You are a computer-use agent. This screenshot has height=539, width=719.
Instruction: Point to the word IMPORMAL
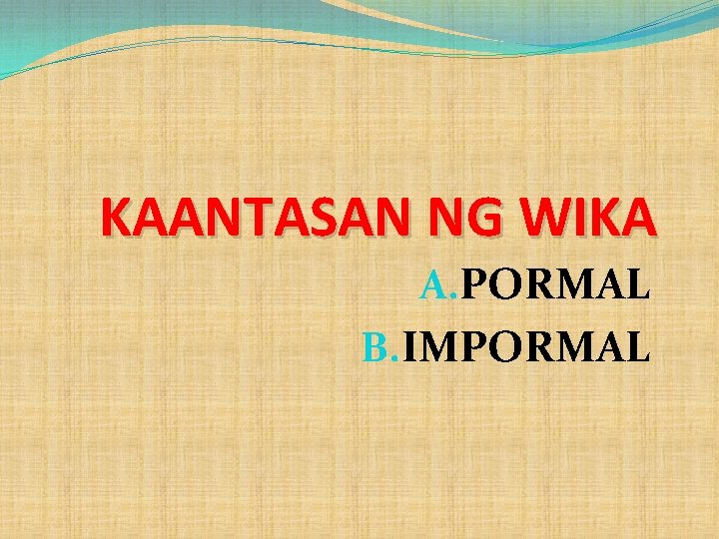526,346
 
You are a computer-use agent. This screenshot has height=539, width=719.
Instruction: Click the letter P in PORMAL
471,287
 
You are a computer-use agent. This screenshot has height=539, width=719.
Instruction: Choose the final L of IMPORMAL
639,346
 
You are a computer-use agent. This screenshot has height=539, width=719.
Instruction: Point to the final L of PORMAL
639,287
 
